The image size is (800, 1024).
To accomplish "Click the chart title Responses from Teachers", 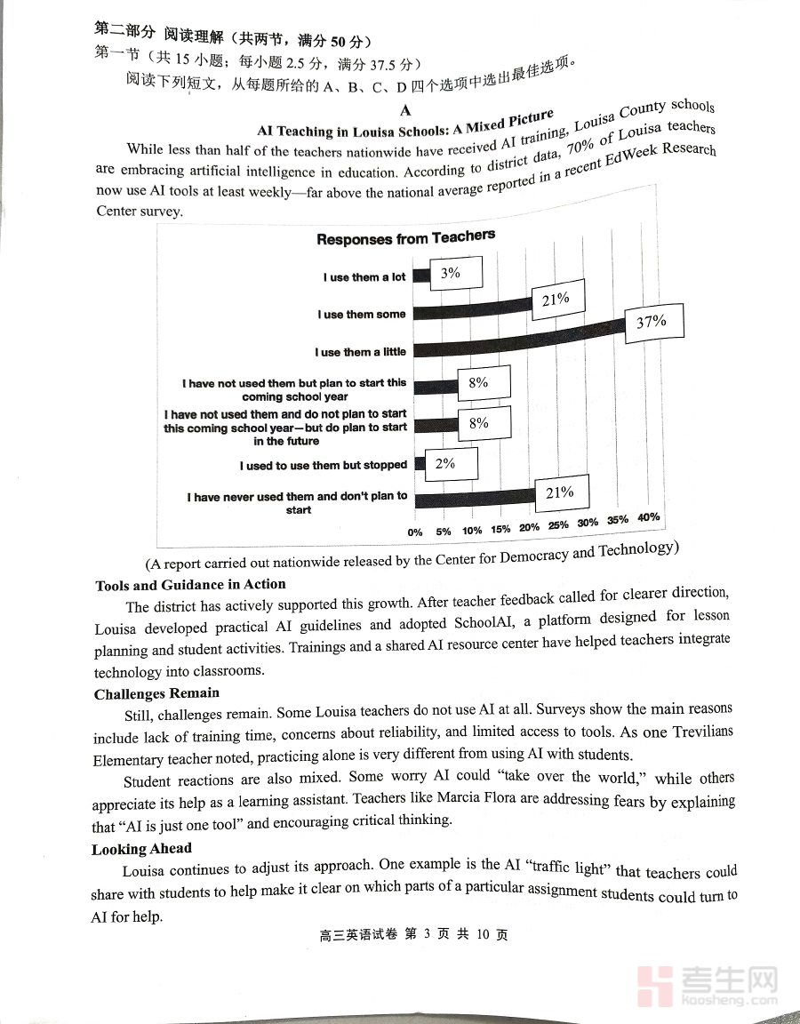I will (405, 238).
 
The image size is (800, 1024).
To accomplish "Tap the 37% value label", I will (652, 322).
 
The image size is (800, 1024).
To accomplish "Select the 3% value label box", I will (451, 274).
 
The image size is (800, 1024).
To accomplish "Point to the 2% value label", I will (445, 463).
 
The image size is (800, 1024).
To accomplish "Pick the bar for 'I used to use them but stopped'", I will (420, 463).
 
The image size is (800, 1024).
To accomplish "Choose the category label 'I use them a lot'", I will (364, 277).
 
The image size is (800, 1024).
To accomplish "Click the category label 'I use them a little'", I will (360, 352).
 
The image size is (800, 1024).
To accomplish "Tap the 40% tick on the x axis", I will (648, 518).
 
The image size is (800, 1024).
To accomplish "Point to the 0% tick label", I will (415, 532).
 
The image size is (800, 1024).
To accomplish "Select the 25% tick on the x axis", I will (557, 524).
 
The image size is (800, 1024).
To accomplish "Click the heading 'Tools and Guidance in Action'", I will (190, 585).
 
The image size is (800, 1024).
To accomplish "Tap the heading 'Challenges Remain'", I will (156, 693).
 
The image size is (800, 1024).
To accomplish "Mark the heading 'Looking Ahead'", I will (141, 849).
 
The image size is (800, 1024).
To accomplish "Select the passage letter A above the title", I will (405, 110).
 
